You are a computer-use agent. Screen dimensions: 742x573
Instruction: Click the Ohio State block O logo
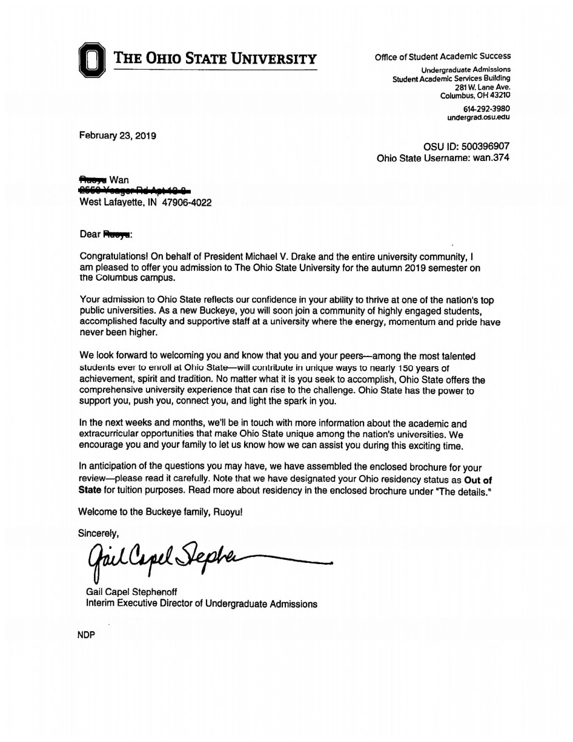tap(91, 60)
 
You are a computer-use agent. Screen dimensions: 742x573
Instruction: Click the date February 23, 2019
tap(118, 136)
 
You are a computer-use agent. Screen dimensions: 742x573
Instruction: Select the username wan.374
tap(491, 158)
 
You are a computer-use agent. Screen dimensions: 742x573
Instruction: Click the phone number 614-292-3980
tap(486, 108)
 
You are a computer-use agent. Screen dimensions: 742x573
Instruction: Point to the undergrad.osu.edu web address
tap(479, 117)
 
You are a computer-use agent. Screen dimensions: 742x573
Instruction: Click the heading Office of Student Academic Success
tap(442, 57)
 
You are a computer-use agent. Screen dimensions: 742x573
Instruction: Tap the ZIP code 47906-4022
tap(187, 203)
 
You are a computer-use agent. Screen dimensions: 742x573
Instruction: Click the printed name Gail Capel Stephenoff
tap(132, 592)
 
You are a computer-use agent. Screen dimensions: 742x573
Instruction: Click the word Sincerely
tap(99, 533)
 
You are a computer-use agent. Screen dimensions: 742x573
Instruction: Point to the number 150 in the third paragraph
tap(399, 368)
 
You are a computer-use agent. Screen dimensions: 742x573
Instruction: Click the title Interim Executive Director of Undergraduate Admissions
tap(202, 603)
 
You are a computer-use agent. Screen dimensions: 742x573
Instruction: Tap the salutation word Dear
tap(90, 234)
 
